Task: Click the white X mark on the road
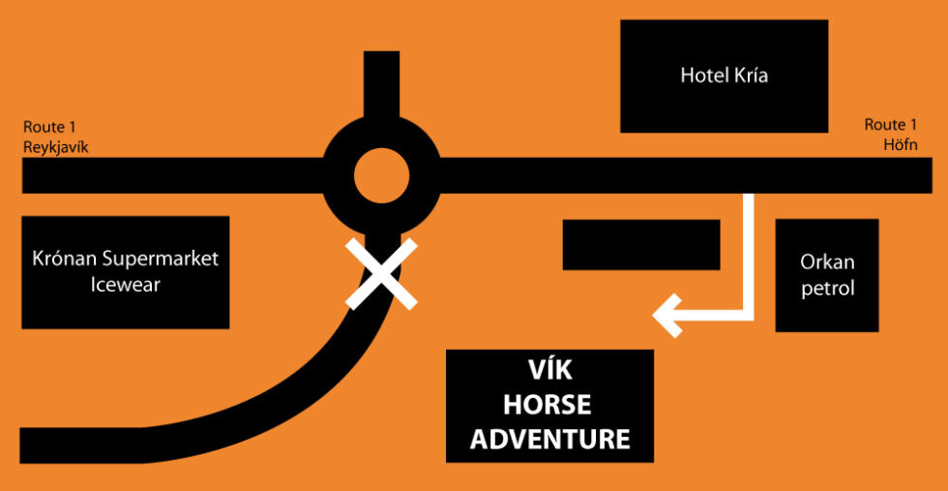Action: point(382,274)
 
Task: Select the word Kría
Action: point(750,76)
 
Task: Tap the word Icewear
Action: point(125,285)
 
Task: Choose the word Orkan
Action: point(827,262)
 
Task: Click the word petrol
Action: point(827,289)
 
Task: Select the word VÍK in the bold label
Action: point(549,373)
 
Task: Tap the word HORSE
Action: point(549,406)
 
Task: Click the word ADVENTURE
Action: point(549,439)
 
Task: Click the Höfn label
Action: point(899,145)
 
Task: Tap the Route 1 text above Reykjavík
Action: point(50,127)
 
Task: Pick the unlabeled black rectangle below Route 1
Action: point(641,244)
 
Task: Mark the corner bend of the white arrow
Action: point(747,313)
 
